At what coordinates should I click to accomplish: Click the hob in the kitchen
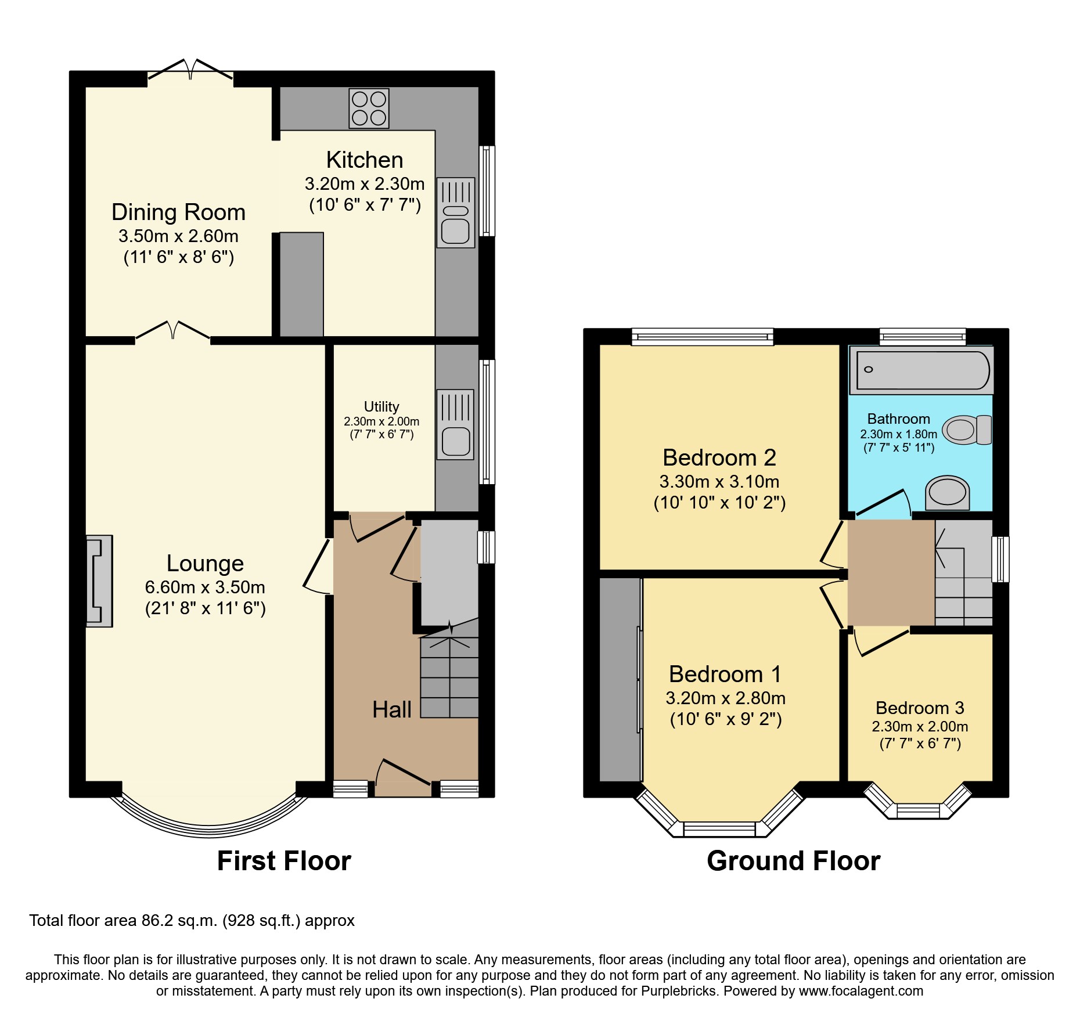pyautogui.click(x=369, y=109)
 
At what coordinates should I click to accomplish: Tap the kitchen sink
pyautogui.click(x=455, y=213)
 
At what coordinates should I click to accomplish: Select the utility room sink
pyautogui.click(x=455, y=425)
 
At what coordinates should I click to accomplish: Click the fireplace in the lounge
pyautogui.click(x=99, y=581)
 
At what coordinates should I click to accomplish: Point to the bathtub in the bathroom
pyautogui.click(x=922, y=370)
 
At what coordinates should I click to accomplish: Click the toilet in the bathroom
pyautogui.click(x=966, y=430)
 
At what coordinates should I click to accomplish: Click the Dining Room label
pyautogui.click(x=178, y=212)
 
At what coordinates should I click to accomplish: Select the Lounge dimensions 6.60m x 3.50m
pyautogui.click(x=205, y=587)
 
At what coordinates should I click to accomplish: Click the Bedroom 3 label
pyautogui.click(x=920, y=708)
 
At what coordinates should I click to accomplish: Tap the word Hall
pyautogui.click(x=391, y=709)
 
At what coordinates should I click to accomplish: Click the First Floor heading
pyautogui.click(x=284, y=861)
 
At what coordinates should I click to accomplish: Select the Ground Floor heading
pyautogui.click(x=793, y=861)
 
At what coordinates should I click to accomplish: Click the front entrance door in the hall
pyautogui.click(x=404, y=772)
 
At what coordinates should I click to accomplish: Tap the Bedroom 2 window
pyautogui.click(x=703, y=337)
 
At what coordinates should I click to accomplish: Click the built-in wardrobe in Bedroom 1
pyautogui.click(x=620, y=679)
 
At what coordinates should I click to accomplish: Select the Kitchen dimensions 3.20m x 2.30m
pyautogui.click(x=365, y=184)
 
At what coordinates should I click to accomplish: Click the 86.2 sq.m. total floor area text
pyautogui.click(x=192, y=921)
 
